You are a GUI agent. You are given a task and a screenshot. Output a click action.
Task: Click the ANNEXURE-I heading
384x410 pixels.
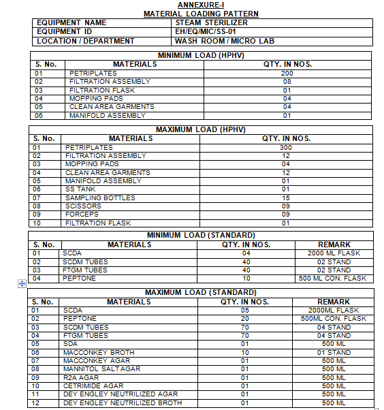[x=200, y=5]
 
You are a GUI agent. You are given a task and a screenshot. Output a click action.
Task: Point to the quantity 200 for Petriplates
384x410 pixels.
[x=287, y=73]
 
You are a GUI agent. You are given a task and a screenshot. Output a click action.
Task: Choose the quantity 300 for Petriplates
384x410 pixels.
[x=286, y=147]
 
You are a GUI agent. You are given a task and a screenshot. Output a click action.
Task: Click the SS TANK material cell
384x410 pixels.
[x=81, y=189]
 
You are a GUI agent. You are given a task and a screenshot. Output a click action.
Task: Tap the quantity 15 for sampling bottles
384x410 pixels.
[x=286, y=198]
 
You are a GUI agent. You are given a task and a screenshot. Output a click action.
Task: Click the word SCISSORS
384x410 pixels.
[x=83, y=206]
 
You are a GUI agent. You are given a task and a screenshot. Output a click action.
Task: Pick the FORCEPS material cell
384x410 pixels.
[x=82, y=215]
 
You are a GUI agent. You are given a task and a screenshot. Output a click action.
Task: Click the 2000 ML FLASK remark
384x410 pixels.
[x=334, y=253]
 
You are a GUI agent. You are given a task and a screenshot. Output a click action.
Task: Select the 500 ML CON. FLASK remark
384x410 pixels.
[x=334, y=278]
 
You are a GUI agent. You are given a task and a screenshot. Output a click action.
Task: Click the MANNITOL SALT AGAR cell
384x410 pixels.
[x=101, y=369]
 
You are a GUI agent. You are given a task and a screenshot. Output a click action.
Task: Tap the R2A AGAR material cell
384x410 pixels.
[x=83, y=377]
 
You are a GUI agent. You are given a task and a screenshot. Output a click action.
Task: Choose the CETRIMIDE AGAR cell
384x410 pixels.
[x=93, y=386]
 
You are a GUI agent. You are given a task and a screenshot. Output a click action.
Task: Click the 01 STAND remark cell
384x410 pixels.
[x=334, y=353]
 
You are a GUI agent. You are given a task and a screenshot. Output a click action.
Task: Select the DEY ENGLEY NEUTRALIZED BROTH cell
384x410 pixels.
[x=123, y=403]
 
